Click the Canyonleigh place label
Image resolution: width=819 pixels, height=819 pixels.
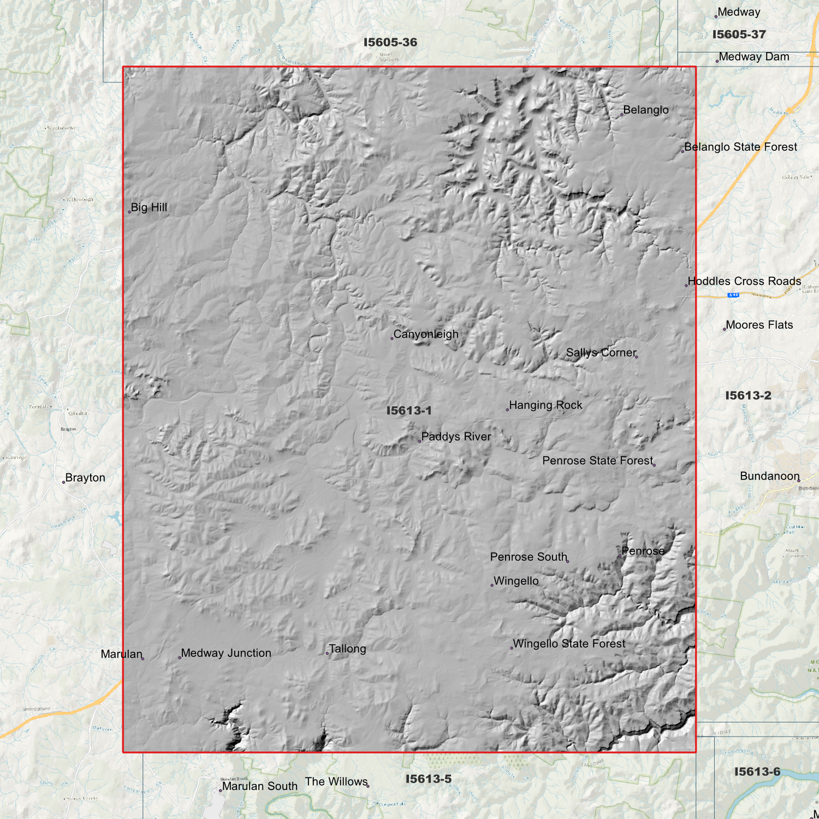point(426,334)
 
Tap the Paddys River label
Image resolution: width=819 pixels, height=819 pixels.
point(456,436)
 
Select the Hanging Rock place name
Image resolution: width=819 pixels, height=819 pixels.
point(545,405)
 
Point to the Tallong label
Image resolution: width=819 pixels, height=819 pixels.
point(347,649)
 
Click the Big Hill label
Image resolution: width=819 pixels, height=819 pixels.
point(148,207)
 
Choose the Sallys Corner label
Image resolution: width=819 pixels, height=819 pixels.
point(601,353)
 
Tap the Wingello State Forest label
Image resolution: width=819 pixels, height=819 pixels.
point(568,644)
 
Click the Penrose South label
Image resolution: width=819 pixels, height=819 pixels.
point(528,557)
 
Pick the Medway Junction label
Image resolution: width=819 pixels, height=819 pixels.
point(226,653)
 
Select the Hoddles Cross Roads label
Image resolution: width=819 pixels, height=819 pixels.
point(744,281)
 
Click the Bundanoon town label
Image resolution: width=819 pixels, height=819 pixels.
point(770,476)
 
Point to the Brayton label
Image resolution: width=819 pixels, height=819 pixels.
point(85,478)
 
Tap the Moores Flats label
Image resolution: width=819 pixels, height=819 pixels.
point(759,325)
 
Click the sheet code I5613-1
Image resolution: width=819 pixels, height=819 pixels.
point(409,410)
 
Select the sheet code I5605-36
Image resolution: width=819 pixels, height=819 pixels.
point(390,43)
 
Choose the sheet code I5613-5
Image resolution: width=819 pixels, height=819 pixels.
point(428,779)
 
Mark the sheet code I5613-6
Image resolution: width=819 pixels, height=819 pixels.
point(757,771)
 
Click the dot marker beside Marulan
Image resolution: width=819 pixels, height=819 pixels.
point(143,658)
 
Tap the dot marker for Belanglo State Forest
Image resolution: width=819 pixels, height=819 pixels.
point(682,151)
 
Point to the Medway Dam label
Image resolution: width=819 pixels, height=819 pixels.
point(754,57)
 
